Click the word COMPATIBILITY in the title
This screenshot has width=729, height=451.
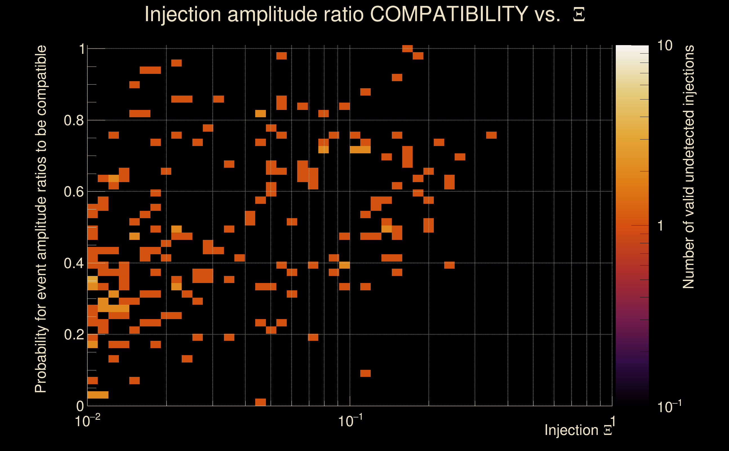click(449, 14)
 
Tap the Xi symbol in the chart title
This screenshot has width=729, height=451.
click(579, 15)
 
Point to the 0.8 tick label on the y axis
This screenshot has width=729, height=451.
click(74, 121)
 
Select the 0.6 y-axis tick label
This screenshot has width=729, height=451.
click(74, 192)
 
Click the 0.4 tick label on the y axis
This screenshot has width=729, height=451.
click(74, 263)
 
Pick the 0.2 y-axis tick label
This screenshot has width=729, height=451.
click(74, 335)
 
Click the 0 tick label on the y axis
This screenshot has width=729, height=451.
click(80, 406)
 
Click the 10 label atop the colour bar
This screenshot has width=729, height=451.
click(664, 46)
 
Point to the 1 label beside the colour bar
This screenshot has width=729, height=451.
click(661, 226)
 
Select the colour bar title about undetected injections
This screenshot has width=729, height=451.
click(688, 167)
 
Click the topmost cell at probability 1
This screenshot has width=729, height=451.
click(407, 48)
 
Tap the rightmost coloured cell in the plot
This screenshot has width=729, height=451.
click(491, 135)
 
